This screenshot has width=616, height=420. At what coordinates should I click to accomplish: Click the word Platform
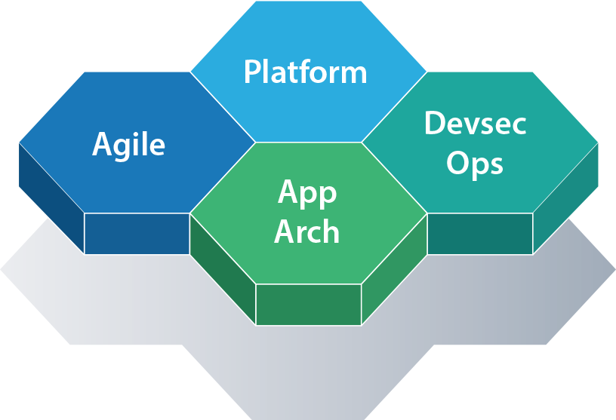[305, 72]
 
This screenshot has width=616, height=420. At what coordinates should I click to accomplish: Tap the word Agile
[128, 144]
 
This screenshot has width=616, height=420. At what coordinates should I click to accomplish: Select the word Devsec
[475, 123]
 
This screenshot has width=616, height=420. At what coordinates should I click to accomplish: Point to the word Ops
[475, 164]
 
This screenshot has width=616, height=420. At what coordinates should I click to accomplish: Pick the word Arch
[306, 231]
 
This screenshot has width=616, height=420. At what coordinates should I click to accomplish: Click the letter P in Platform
[253, 72]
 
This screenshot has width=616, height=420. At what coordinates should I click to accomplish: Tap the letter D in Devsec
[434, 123]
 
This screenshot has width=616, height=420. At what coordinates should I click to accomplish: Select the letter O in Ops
[458, 163]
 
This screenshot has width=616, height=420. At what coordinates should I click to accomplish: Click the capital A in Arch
[285, 231]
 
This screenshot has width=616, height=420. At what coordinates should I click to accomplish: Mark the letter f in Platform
[317, 72]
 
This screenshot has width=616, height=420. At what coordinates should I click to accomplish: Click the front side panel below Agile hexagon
[137, 234]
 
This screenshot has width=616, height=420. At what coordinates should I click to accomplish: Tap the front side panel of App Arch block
[309, 304]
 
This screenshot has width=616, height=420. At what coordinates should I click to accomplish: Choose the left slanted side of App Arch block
[223, 268]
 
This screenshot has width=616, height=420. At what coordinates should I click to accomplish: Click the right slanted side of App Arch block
[394, 268]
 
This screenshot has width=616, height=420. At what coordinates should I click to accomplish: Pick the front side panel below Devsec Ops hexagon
[479, 234]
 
